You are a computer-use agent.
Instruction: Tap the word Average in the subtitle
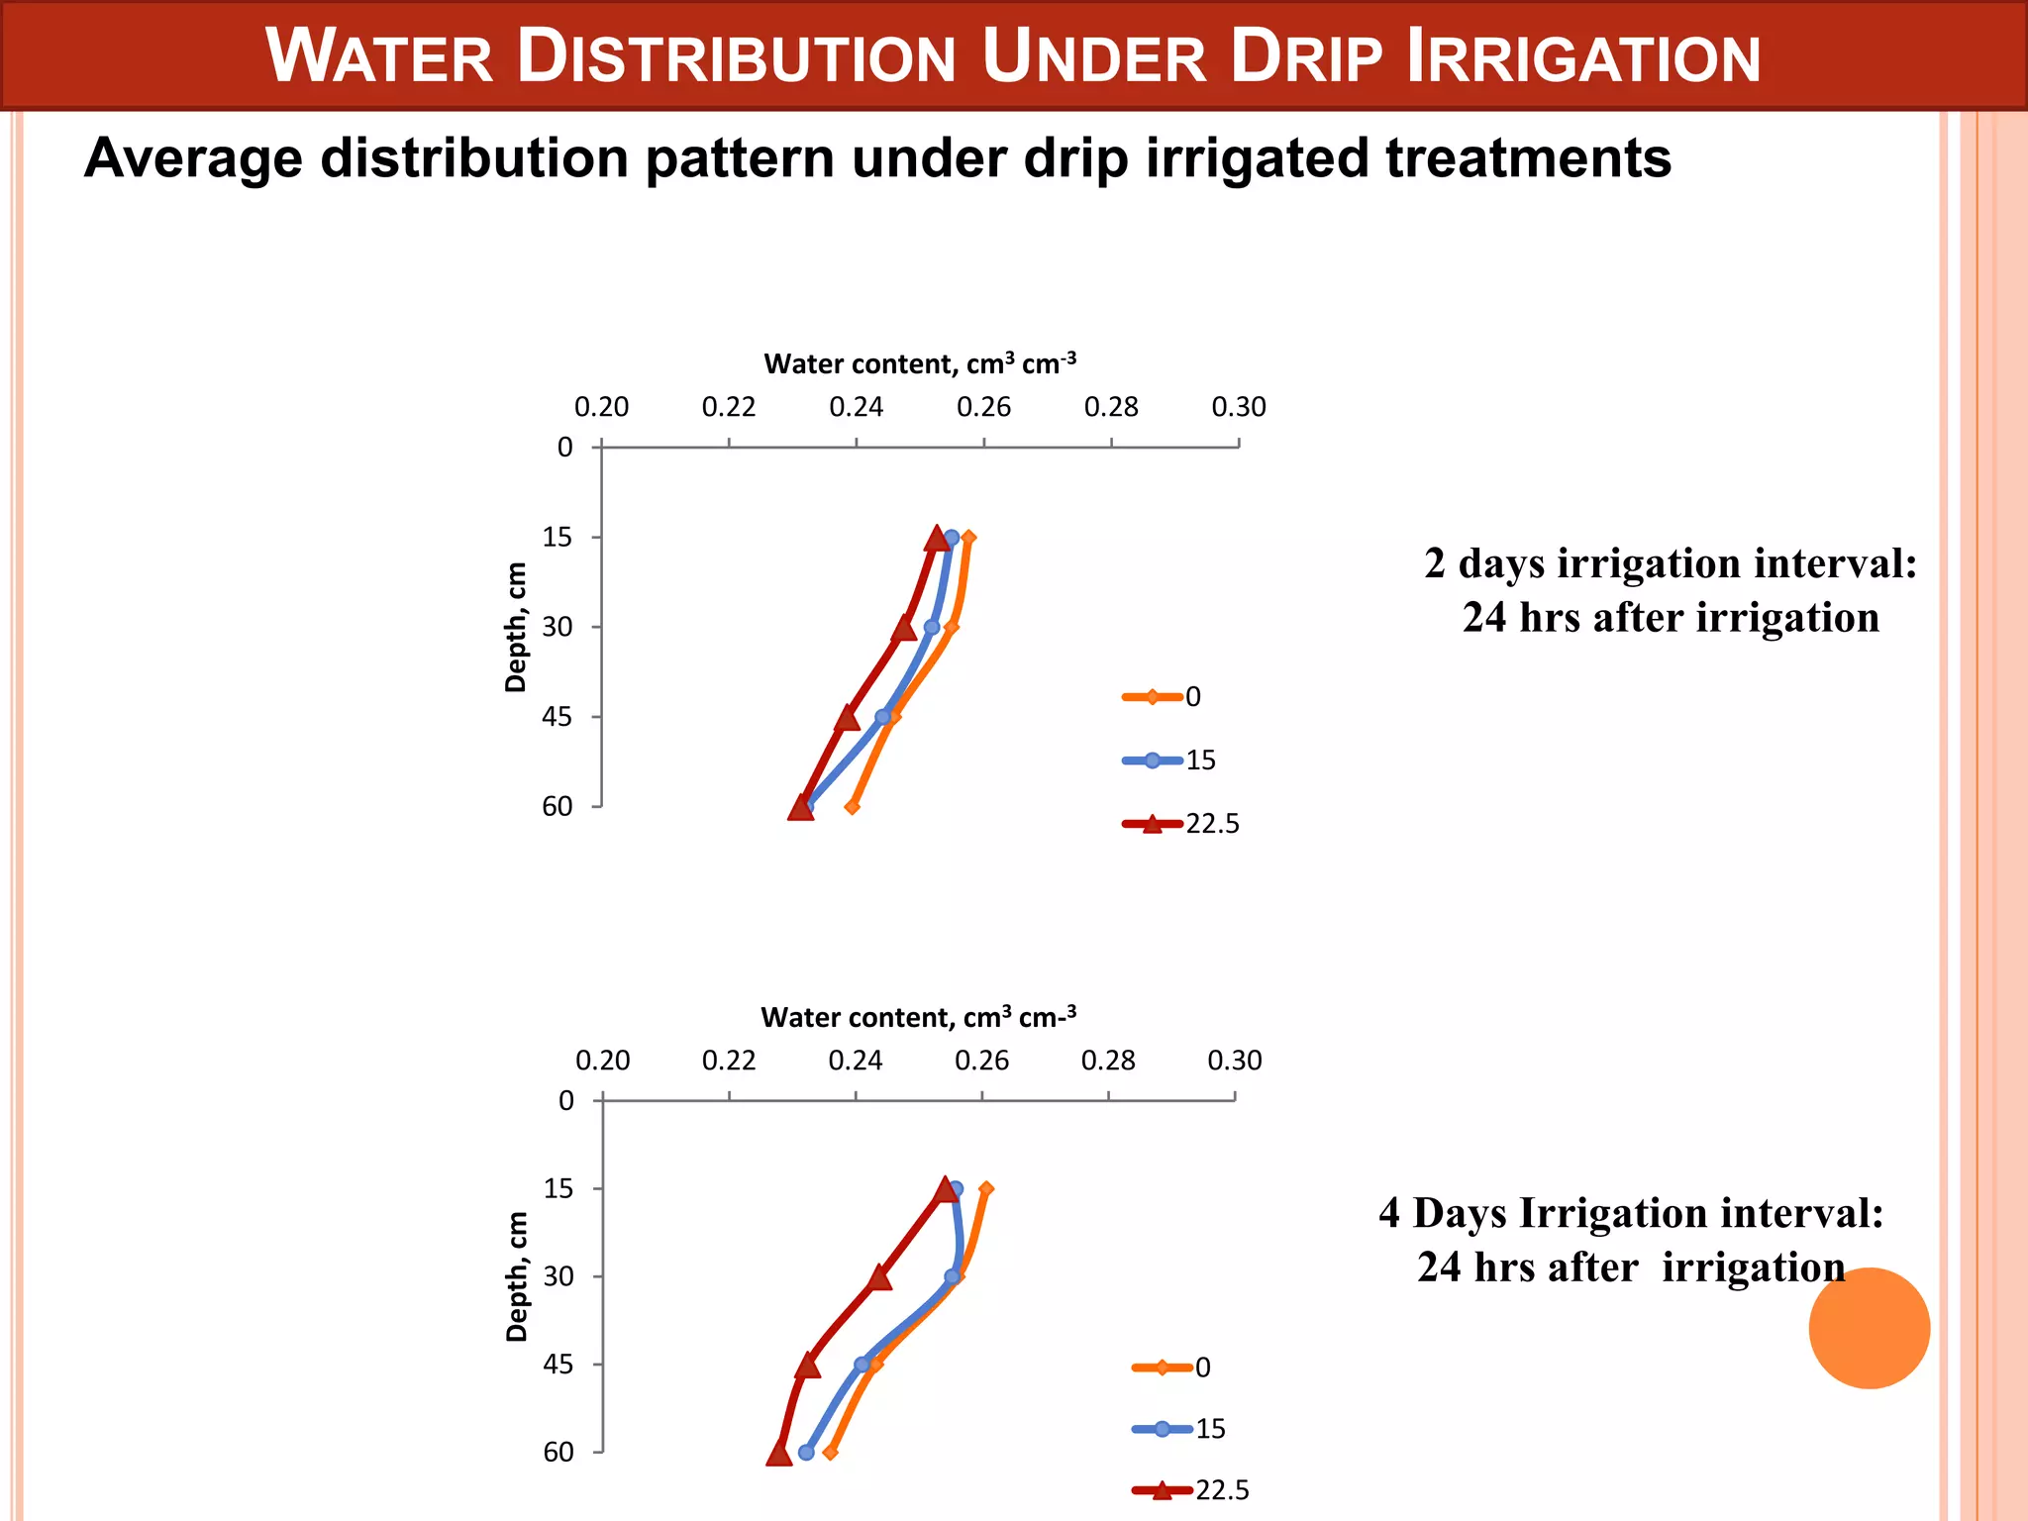click(x=193, y=158)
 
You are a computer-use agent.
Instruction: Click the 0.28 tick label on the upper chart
click(x=1111, y=407)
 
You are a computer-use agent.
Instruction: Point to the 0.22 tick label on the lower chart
click(x=729, y=1061)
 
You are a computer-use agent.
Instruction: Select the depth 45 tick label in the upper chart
click(x=557, y=717)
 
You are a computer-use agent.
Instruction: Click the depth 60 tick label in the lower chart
click(x=558, y=1452)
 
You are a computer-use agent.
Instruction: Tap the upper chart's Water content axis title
click(x=919, y=364)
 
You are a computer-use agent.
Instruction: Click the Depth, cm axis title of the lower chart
click(x=517, y=1276)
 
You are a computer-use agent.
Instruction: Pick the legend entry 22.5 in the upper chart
click(x=1212, y=824)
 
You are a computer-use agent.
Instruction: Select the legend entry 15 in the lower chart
click(x=1209, y=1429)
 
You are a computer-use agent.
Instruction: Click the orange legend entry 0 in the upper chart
click(x=1192, y=697)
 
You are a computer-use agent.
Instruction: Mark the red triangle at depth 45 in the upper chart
click(x=848, y=718)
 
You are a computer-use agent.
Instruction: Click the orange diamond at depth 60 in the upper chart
click(x=853, y=807)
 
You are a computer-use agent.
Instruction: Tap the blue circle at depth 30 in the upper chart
click(x=932, y=627)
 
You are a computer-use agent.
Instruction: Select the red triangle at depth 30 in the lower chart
click(x=879, y=1277)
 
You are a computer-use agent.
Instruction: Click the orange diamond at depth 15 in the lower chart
click(x=986, y=1189)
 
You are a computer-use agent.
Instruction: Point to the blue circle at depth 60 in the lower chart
click(x=806, y=1453)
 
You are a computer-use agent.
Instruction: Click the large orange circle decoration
click(x=1869, y=1328)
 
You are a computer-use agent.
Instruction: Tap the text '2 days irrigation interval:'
click(x=1671, y=563)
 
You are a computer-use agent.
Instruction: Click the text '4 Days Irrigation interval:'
click(x=1631, y=1213)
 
